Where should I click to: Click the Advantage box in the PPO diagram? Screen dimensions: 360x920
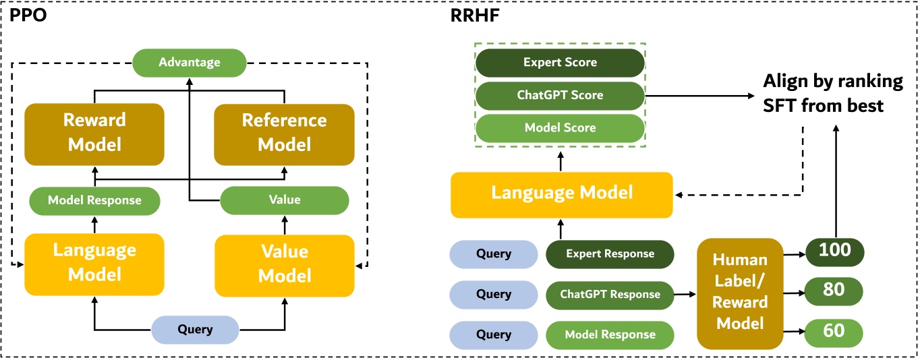189,62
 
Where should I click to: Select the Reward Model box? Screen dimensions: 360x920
94,133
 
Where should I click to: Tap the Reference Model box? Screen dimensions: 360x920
284,133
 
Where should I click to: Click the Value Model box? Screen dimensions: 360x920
284,264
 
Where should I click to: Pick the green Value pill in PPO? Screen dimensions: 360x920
284,200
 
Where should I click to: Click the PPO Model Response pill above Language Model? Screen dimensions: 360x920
94,200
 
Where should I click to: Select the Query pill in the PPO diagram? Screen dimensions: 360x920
195,330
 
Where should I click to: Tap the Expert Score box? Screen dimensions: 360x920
560,62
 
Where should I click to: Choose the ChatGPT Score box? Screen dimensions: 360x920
560,95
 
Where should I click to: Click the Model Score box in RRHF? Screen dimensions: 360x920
560,127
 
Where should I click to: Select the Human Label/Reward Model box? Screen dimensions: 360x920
739,293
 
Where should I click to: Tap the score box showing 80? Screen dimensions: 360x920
834,291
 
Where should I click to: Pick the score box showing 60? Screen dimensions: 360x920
834,331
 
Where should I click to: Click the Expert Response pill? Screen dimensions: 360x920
610,254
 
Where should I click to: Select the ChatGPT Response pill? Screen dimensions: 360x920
610,295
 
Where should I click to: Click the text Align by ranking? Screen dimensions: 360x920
832,82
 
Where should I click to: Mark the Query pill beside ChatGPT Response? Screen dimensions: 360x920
493,295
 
